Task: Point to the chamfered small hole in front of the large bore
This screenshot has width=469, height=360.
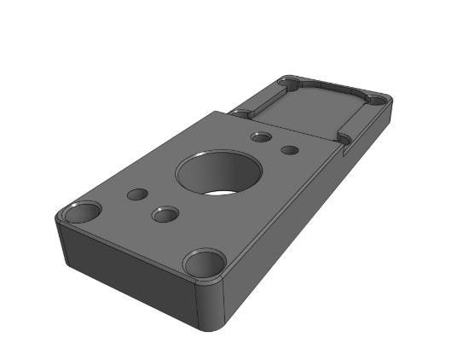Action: click(x=164, y=213)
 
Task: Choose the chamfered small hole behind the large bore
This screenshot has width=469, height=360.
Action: click(x=261, y=136)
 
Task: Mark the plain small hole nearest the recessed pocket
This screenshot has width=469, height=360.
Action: click(x=290, y=150)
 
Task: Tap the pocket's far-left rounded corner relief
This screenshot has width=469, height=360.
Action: click(x=290, y=83)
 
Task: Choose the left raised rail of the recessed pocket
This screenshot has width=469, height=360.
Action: click(x=260, y=96)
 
